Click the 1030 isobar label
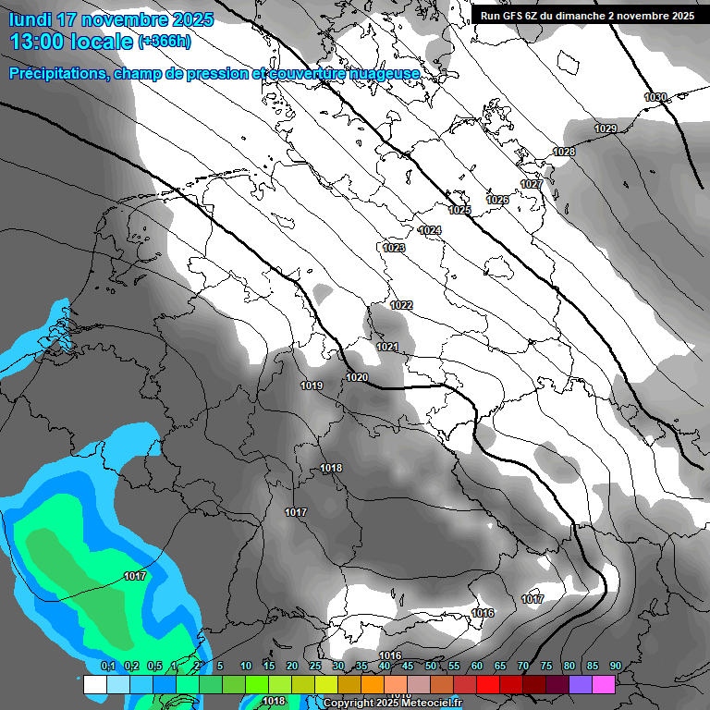pyautogui.click(x=655, y=97)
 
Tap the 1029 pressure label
pyautogui.click(x=606, y=129)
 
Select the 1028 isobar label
pyautogui.click(x=564, y=152)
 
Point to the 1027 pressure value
pyautogui.click(x=532, y=185)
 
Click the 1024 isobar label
pyautogui.click(x=430, y=230)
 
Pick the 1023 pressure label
pyautogui.click(x=394, y=248)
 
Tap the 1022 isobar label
pyautogui.click(x=401, y=305)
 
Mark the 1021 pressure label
pyautogui.click(x=387, y=347)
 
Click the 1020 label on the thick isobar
pyautogui.click(x=357, y=377)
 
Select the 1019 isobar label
pyautogui.click(x=312, y=386)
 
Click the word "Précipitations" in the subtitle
pyautogui.click(x=57, y=74)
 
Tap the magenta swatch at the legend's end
pyautogui.click(x=604, y=685)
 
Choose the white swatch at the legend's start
pyautogui.click(x=94, y=685)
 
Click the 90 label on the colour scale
pyautogui.click(x=615, y=667)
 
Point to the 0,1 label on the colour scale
pyautogui.click(x=107, y=667)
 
